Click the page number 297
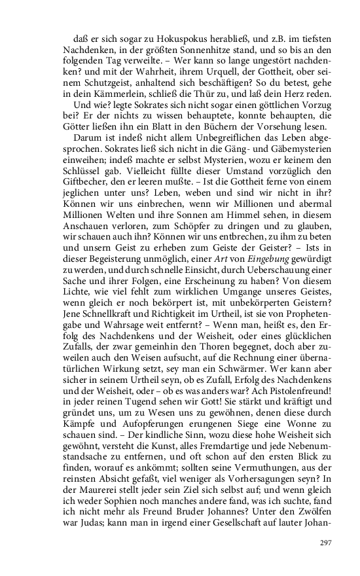point(327,543)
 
